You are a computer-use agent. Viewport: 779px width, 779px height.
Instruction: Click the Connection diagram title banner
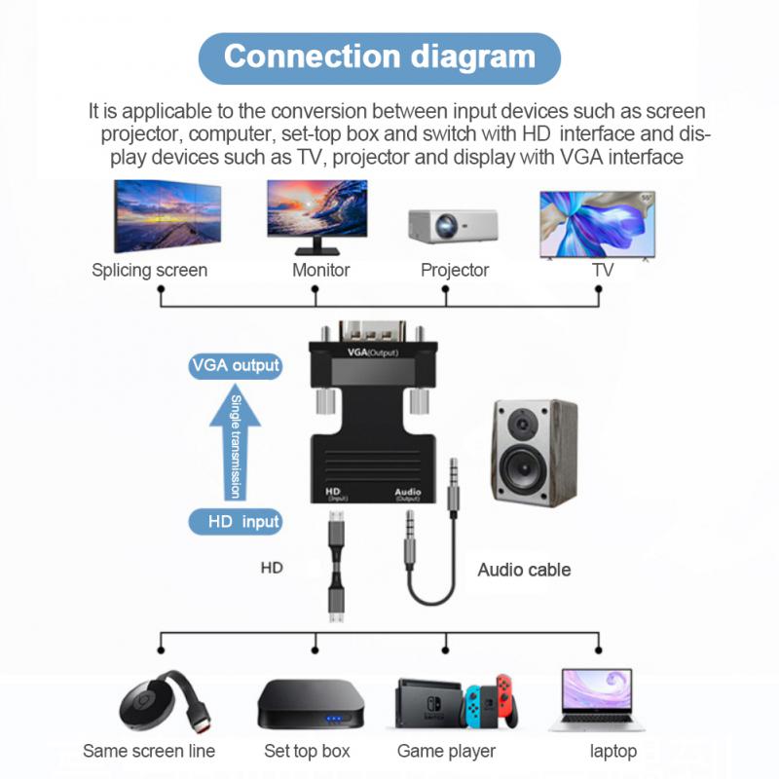(x=380, y=56)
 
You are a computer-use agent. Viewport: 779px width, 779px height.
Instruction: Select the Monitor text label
(x=320, y=270)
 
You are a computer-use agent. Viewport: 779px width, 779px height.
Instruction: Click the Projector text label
(x=455, y=270)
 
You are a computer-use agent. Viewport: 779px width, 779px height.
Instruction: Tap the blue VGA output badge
(x=235, y=366)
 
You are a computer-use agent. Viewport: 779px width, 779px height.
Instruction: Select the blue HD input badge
(x=235, y=522)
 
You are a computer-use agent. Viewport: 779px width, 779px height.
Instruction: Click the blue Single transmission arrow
(x=235, y=443)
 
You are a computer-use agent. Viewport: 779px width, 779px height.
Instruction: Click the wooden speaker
(x=529, y=452)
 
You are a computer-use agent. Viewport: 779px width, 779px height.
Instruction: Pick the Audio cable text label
(x=524, y=570)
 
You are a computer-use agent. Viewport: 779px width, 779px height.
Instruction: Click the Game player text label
(x=446, y=751)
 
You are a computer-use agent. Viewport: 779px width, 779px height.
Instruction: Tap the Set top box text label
(x=307, y=751)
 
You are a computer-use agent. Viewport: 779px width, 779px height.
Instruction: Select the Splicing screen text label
(x=149, y=270)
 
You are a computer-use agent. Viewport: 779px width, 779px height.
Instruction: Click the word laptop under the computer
(x=613, y=751)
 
